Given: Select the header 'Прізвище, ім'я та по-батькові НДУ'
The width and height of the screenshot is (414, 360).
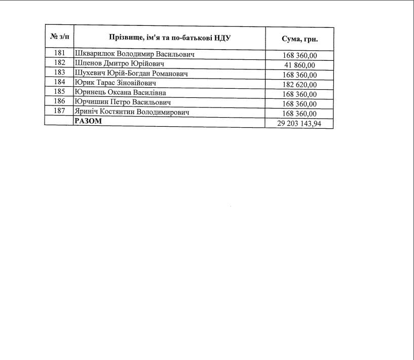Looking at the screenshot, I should (170, 38).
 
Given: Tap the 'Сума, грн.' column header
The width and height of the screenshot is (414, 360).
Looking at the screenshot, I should (299, 39).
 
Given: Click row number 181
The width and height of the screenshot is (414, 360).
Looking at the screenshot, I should (59, 53).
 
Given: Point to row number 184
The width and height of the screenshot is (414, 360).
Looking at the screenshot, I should (59, 82).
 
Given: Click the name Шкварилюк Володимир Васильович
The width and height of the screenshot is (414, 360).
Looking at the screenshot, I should (134, 54).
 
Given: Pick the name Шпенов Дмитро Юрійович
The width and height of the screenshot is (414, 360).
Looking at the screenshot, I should (119, 63).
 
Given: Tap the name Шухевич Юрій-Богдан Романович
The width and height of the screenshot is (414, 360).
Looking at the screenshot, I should (131, 73).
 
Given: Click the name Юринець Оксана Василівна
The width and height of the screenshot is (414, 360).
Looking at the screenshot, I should (120, 92).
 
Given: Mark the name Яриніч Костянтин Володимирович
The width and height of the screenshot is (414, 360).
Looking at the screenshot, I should (132, 112).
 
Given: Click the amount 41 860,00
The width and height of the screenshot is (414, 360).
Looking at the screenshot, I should (299, 65).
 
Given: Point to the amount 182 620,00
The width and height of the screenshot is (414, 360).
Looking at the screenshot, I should (299, 84).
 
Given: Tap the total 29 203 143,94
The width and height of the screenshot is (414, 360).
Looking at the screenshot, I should (299, 123).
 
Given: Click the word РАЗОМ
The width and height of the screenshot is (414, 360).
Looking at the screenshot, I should (88, 121).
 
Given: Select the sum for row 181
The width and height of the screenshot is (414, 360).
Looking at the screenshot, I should (299, 55).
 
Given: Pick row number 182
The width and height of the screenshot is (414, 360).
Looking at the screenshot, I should (59, 63).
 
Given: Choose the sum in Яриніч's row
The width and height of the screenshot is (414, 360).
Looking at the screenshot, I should (299, 114).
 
